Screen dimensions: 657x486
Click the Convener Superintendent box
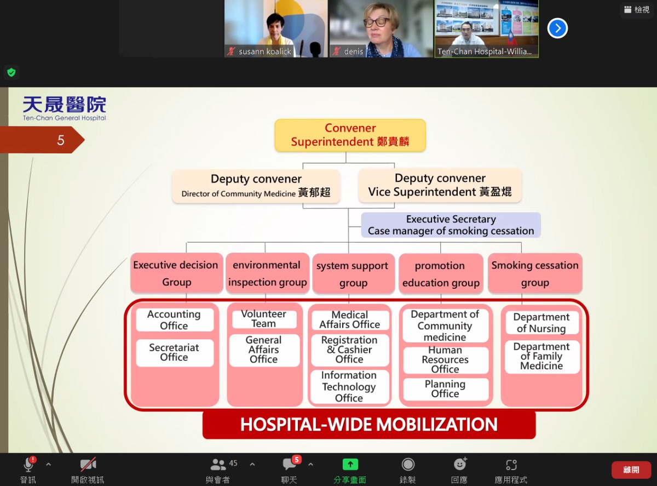coord(350,135)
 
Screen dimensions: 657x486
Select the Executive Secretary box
coord(451,225)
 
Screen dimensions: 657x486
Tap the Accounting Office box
coord(175,319)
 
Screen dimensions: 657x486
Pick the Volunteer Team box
coord(264,319)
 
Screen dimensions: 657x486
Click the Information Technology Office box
coord(349,386)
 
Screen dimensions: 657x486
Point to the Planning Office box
coord(445,388)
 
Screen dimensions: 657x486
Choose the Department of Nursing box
coord(542,323)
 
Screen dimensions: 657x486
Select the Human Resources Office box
coord(445,359)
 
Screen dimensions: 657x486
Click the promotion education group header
coord(441,274)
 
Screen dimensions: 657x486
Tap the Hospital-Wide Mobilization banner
coord(369,424)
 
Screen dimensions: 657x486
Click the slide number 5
coord(61,140)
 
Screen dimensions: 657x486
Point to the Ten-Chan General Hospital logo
coord(64,108)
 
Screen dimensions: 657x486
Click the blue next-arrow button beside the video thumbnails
coord(557,28)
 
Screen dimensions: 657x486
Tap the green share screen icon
coord(350,464)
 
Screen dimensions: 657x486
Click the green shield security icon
coord(11,72)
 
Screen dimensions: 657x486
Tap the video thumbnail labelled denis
coord(381,28)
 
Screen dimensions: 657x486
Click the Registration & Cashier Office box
coord(350,350)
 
